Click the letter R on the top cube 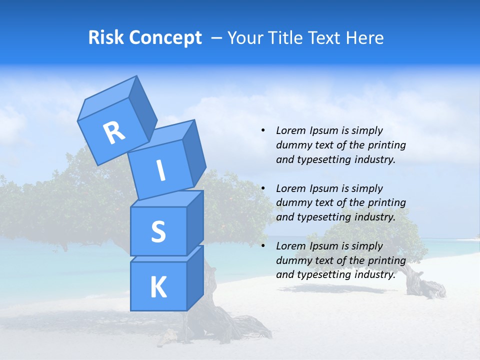[114, 133]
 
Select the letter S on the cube [158, 231]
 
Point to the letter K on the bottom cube [158, 287]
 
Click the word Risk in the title [106, 37]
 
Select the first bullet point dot [263, 130]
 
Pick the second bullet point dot [263, 188]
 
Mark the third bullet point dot [263, 246]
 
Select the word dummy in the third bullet [292, 260]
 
